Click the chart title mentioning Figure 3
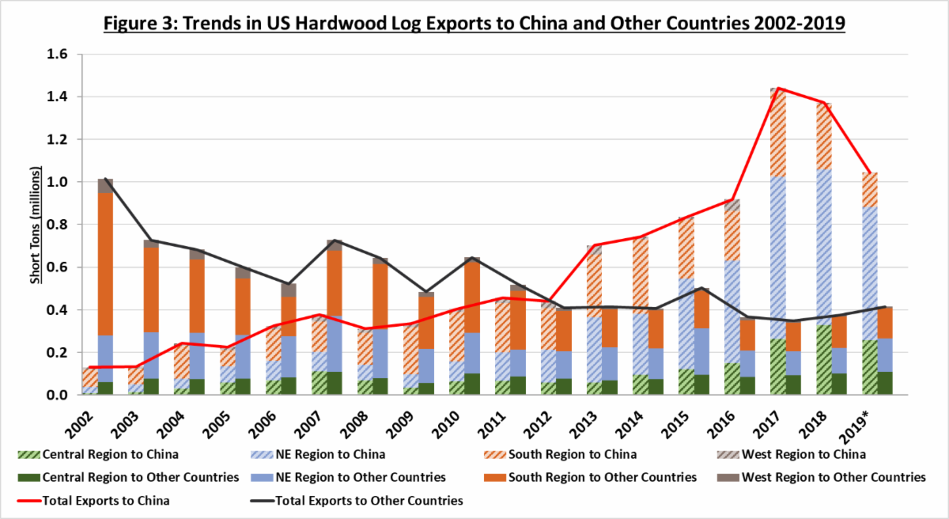(x=474, y=24)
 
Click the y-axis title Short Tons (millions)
(x=35, y=225)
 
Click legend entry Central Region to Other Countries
(x=130, y=477)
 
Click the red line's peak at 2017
(x=779, y=89)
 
